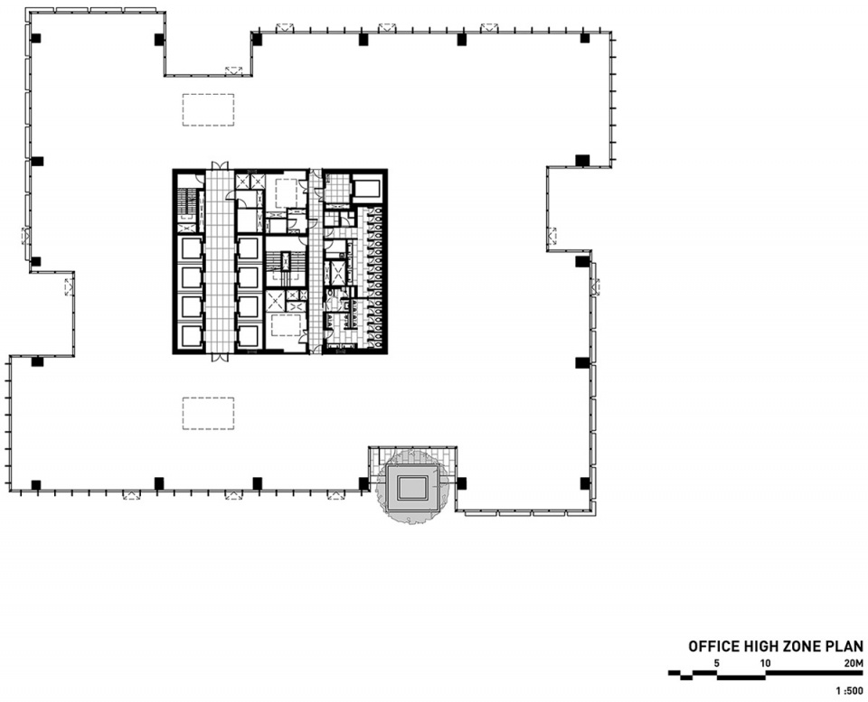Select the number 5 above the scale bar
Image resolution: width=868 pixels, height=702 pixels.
tap(717, 663)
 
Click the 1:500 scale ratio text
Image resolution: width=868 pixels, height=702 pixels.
tap(850, 690)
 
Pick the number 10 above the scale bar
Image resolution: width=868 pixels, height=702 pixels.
tap(765, 663)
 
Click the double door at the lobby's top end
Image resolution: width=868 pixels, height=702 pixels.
tap(219, 165)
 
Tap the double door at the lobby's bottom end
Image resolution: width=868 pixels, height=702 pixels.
tap(219, 358)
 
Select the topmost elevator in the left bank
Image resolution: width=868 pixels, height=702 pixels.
tap(189, 248)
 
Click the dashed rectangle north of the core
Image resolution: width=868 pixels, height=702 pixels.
tap(208, 109)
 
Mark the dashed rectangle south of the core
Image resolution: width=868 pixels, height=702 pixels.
tap(208, 413)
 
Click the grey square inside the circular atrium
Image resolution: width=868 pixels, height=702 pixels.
tap(412, 487)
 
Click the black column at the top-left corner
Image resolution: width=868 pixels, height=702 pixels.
tap(36, 38)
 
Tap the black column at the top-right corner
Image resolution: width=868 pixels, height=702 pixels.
tap(585, 38)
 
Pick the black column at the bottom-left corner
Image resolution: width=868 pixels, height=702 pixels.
tap(36, 485)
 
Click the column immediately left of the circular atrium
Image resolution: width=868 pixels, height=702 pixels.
tap(363, 484)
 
